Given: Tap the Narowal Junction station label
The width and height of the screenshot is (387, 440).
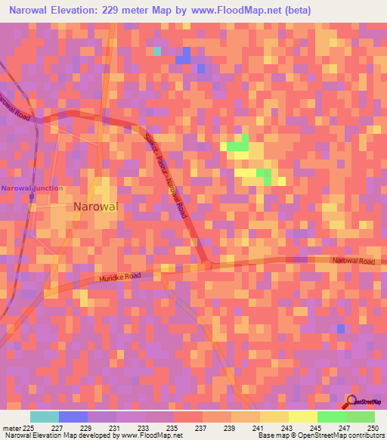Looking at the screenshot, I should point(33,188).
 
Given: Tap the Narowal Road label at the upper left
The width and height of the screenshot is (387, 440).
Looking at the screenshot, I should point(15,108).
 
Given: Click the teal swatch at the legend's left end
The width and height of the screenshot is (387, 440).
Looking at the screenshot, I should point(45,417).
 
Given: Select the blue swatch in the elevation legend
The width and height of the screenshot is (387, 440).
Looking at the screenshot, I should point(73,417).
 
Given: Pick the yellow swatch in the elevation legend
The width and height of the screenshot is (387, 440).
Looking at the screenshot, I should point(302,417).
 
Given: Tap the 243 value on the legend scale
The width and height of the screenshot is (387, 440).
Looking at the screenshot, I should point(287,428).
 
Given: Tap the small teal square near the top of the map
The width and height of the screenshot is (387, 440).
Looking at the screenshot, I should point(157,51).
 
